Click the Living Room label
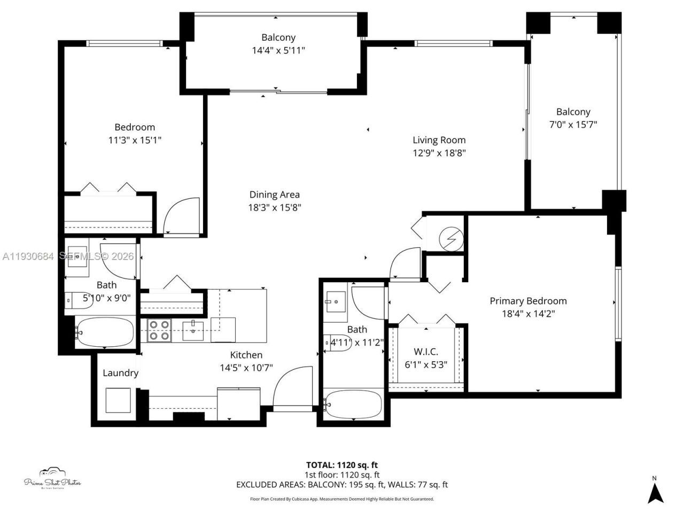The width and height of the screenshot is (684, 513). [x=439, y=140]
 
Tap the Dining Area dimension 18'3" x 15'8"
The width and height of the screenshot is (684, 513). [x=275, y=208]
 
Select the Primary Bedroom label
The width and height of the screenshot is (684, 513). [x=528, y=301]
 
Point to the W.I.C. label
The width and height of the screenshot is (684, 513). [x=426, y=352]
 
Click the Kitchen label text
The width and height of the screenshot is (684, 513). [x=246, y=355]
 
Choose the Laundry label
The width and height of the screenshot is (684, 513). [x=120, y=373]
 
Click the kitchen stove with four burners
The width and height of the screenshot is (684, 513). [x=159, y=330]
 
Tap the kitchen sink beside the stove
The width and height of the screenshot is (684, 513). [x=192, y=330]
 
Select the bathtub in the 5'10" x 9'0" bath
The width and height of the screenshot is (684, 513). [x=104, y=332]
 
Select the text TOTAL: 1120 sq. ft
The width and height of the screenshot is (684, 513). [x=341, y=465]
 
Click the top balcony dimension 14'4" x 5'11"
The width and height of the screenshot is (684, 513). [x=278, y=51]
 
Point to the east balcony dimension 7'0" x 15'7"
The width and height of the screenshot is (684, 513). [x=573, y=125]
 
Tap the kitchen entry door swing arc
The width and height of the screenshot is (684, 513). [x=291, y=385]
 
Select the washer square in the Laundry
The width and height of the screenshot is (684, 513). [x=118, y=400]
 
